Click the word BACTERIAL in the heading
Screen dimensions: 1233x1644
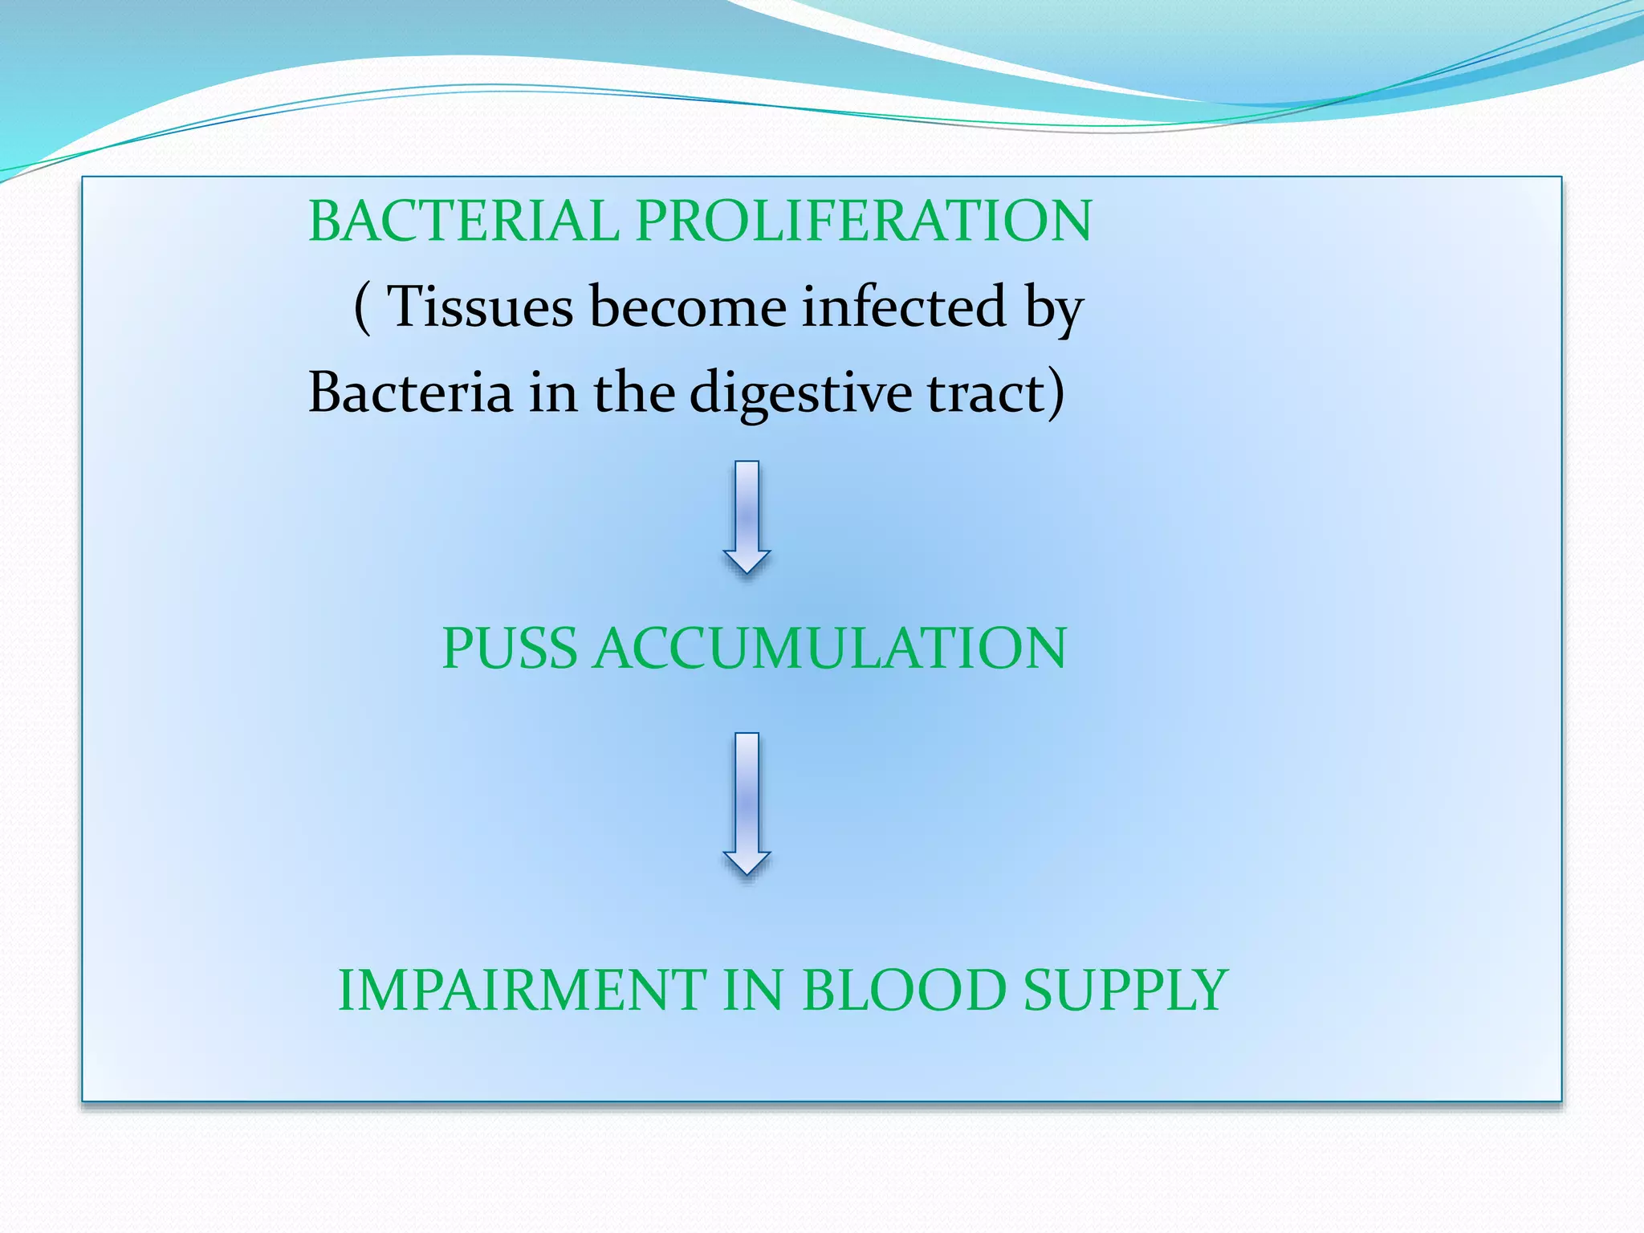pos(463,222)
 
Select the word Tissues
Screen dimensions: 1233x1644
pos(479,307)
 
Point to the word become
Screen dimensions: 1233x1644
pos(688,307)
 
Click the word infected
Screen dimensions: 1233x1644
pos(904,307)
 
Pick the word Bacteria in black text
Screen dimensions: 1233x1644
pos(410,393)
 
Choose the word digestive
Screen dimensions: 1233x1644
pos(800,393)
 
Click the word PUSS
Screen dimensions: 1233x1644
pos(509,649)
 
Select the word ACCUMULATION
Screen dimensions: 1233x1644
pos(830,649)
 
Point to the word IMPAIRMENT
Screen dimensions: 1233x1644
pos(522,991)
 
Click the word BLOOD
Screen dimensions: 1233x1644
pos(904,991)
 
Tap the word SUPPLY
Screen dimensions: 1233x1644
pos(1126,991)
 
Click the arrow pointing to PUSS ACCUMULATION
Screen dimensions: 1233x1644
pos(747,518)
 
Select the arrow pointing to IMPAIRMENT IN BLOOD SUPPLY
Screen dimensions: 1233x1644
pos(747,803)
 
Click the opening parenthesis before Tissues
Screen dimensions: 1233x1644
pos(362,308)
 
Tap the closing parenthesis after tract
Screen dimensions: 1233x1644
pos(1056,393)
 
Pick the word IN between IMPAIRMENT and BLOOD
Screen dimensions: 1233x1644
pos(753,991)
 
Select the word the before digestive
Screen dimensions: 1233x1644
pos(634,393)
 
